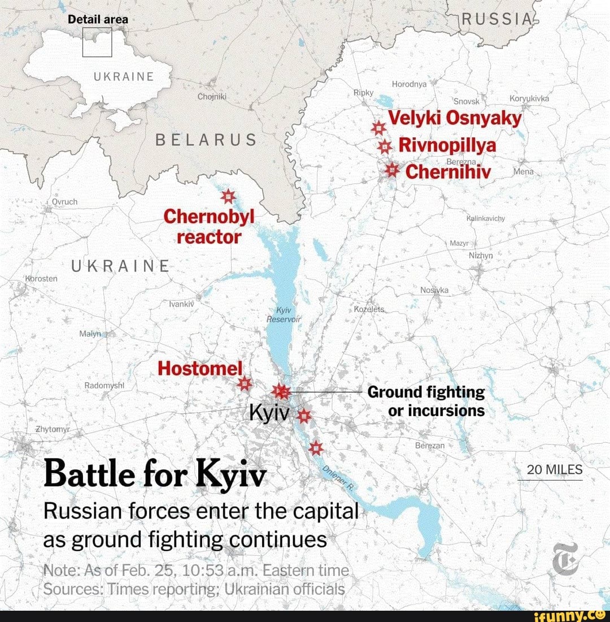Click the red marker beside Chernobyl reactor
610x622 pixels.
tap(228, 196)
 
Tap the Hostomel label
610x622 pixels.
tap(199, 368)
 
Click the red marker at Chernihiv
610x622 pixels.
tap(391, 170)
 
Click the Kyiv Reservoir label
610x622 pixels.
tap(284, 315)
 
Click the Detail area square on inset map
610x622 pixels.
tap(97, 43)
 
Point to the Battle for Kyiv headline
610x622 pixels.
tap(154, 476)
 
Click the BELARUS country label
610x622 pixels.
tap(206, 140)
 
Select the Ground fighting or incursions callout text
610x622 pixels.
tap(426, 401)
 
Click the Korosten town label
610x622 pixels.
tap(40, 279)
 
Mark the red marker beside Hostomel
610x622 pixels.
tap(244, 384)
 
